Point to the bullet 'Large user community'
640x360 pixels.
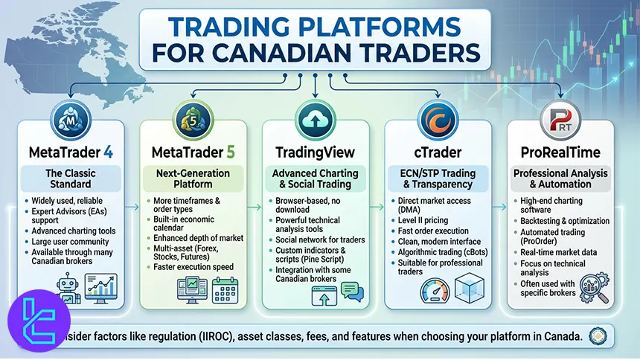pyautogui.click(x=70, y=240)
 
